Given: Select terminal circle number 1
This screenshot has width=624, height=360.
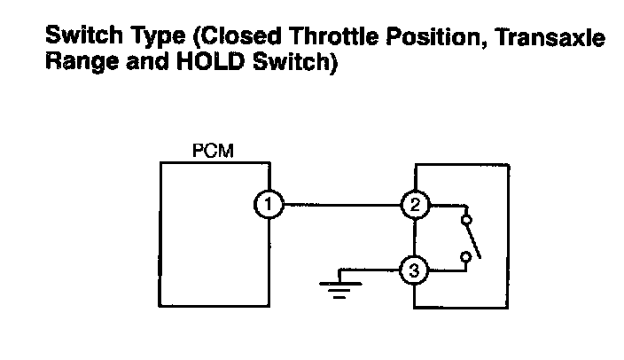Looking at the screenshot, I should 267,206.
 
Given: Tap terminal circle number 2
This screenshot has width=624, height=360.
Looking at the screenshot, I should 414,206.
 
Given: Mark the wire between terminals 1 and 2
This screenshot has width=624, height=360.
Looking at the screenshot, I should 340,206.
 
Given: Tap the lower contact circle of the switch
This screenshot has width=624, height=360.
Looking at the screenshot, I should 464,257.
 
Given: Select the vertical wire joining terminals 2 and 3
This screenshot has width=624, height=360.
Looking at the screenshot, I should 414,238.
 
